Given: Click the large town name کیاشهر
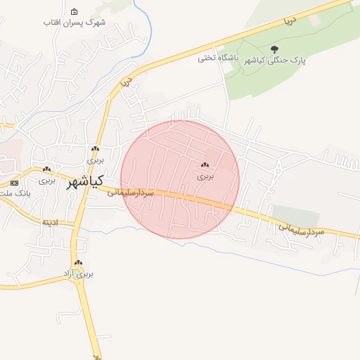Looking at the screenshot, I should tap(84, 183).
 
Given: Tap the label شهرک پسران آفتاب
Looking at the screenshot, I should tap(75, 22).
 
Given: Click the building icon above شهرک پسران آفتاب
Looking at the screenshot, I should tap(75, 12).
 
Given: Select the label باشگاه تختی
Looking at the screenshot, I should tap(218, 58).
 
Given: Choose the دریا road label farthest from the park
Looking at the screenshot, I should tap(127, 83).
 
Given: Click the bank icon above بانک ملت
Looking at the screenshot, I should tap(14, 183).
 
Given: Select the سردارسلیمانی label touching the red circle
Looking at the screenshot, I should tap(131, 193).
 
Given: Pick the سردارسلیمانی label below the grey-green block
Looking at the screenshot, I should tap(301, 229).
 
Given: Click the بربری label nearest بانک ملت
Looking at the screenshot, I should tap(46, 179).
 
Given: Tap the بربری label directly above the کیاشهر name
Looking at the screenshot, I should tap(95, 160).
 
